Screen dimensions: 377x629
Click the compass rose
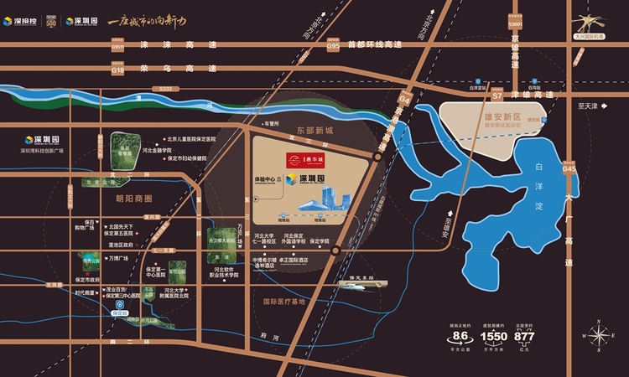[601, 335]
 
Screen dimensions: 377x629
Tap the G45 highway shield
[570, 168]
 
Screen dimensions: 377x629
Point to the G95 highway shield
[334, 47]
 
